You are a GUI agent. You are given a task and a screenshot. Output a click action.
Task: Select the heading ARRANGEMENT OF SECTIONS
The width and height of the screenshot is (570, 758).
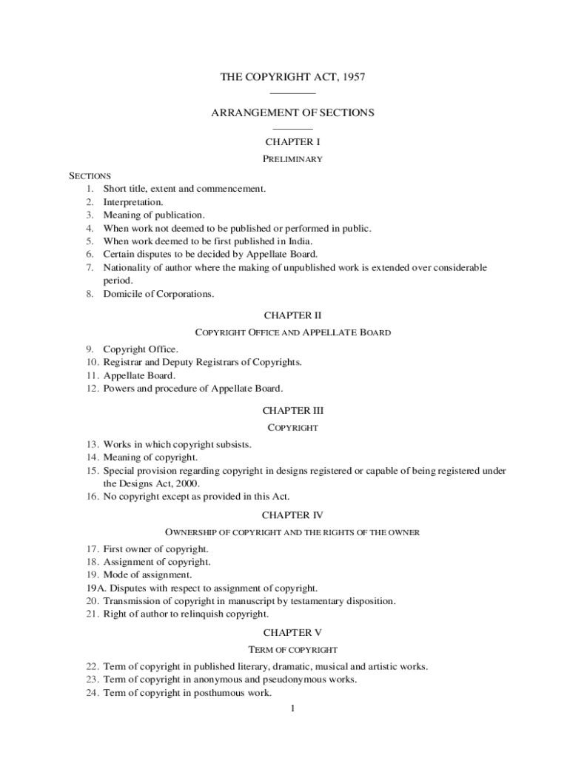pos(292,113)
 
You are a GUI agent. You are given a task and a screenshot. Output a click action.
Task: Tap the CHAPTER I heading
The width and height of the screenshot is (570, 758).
pos(292,141)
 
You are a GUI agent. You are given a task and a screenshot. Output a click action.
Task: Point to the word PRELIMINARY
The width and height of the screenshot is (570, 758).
pos(292,159)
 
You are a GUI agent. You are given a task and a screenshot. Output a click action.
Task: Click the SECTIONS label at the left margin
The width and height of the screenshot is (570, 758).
pos(90,176)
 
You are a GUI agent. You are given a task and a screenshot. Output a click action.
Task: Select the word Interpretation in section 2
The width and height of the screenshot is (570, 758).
pos(133,202)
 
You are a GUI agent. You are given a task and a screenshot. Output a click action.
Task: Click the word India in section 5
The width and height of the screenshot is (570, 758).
pos(298,241)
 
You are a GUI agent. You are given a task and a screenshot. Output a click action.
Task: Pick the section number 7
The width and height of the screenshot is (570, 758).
pos(89,268)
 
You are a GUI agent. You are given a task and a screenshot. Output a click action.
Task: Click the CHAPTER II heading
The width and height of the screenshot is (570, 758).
pos(292,315)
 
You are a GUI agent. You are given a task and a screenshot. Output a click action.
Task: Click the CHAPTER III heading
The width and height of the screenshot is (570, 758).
pos(292,410)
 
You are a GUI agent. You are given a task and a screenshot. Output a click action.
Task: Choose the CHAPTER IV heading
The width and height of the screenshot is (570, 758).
pos(292,514)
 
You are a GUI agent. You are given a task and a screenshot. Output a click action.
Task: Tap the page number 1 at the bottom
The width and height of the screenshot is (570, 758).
pos(293,709)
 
